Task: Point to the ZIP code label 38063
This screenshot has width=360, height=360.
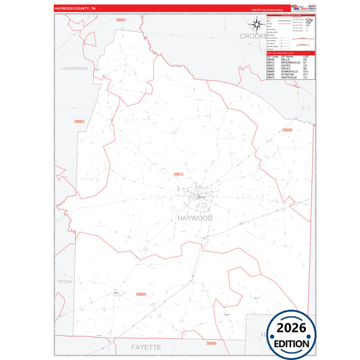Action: point(80,121)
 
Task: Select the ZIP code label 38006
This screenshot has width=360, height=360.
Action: point(287,130)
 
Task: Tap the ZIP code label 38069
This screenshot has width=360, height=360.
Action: point(141,294)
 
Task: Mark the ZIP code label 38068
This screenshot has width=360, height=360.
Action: point(211,343)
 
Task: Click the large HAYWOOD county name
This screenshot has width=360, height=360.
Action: point(194,218)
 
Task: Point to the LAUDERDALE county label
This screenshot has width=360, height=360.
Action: point(74,69)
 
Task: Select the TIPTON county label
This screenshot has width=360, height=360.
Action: point(65,282)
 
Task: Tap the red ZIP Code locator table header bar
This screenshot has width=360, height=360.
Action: point(290,51)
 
